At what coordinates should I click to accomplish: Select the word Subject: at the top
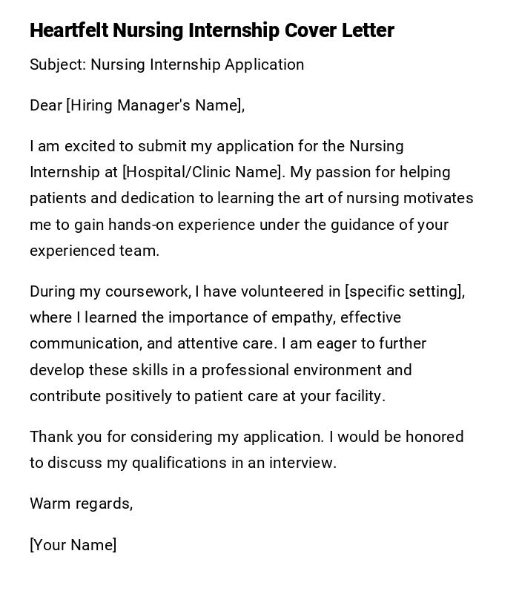58,65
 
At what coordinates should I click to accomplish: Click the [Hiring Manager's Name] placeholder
155,105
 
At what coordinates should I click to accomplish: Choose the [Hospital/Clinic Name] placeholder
202,172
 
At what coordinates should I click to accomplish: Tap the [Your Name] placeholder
73,545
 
